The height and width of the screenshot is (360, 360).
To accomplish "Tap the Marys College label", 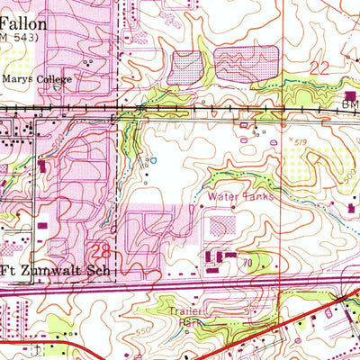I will click(37, 77).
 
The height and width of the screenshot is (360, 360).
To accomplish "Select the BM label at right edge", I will click(350, 105).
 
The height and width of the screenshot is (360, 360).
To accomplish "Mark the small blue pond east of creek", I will click(154, 161).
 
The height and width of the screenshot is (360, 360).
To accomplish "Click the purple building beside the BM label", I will click(351, 94).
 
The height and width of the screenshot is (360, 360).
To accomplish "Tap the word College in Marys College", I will click(54, 77).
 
